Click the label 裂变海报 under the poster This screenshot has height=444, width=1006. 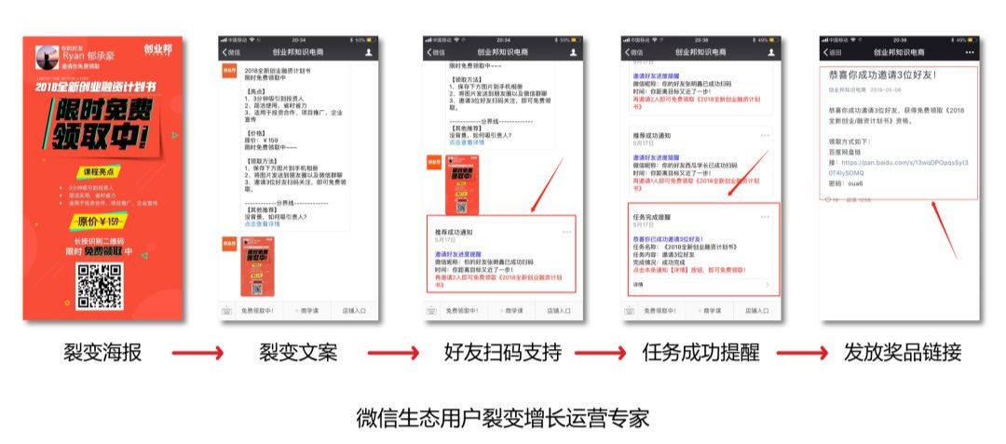[103, 353]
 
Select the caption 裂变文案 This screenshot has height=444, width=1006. [298, 353]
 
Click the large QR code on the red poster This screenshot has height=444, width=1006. [100, 286]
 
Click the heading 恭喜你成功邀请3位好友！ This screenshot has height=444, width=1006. [882, 74]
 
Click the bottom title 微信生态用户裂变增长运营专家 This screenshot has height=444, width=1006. [502, 416]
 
